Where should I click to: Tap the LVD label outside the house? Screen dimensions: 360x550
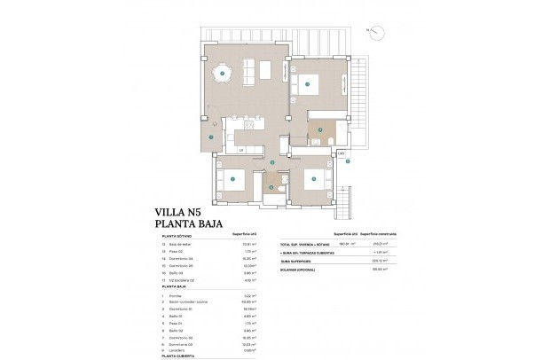342,153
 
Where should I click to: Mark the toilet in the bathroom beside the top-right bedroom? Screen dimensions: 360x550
329,142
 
